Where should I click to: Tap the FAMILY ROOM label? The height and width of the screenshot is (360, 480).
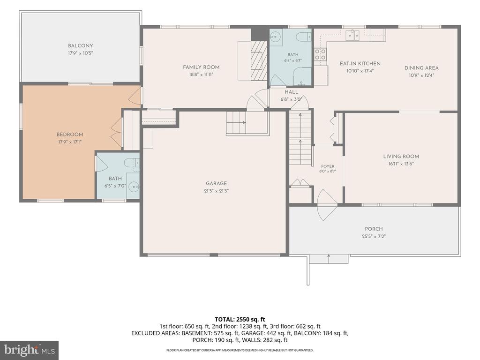(x=201, y=67)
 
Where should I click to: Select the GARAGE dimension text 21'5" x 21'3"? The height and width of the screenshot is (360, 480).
(x=217, y=191)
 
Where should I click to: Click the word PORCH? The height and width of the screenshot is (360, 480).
(x=374, y=229)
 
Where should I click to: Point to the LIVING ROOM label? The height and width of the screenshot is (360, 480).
(x=401, y=157)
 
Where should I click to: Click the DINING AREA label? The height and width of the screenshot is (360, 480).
(x=421, y=68)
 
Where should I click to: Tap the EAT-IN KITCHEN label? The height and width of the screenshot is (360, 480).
(x=360, y=64)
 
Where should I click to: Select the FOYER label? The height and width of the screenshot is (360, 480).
(x=328, y=166)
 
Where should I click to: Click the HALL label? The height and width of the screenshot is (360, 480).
(x=292, y=92)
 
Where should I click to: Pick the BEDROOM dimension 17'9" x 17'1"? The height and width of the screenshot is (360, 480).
(x=70, y=142)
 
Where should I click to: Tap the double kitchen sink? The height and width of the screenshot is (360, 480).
(x=353, y=35)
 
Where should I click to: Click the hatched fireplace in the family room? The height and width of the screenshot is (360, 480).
(x=259, y=60)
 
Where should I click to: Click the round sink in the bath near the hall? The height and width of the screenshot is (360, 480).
(x=276, y=37)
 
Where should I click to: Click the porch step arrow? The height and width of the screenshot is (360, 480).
(x=329, y=258)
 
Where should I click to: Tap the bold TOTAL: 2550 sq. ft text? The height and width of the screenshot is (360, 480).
(x=240, y=320)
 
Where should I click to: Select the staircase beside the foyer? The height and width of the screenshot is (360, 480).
(x=300, y=137)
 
